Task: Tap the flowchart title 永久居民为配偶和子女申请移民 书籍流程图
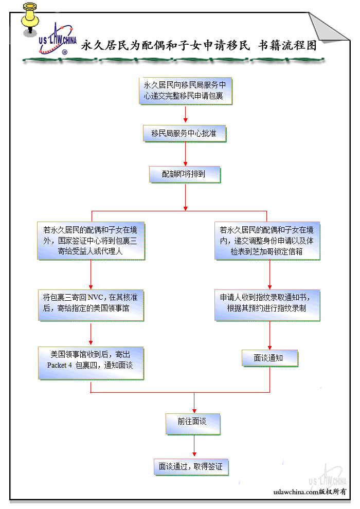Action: click(x=199, y=45)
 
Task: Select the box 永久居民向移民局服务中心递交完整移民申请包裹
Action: click(x=186, y=90)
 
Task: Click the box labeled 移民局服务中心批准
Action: click(x=185, y=133)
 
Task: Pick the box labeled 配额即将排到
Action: click(x=185, y=174)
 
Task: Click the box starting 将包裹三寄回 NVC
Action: click(x=91, y=304)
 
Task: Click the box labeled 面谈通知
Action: click(x=269, y=358)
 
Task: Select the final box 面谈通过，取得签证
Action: click(x=191, y=467)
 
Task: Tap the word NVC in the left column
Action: click(x=96, y=298)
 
